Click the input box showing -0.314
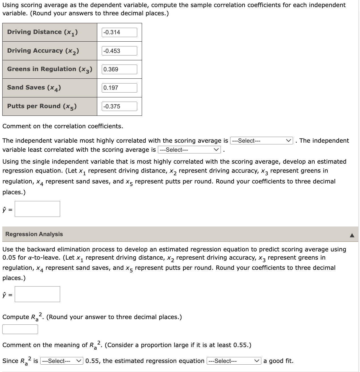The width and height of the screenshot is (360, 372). [119, 32]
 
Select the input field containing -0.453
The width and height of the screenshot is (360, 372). [119, 51]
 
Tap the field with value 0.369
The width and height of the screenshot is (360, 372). [119, 69]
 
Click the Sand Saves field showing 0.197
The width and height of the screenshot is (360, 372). [119, 88]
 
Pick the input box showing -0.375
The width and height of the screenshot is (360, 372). [119, 106]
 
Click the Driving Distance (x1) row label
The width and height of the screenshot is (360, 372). [43, 32]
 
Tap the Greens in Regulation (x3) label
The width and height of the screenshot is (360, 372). [50, 69]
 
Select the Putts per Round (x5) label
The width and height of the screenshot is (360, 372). [42, 106]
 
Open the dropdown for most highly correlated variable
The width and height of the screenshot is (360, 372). [262, 141]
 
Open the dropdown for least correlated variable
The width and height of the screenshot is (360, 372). [189, 150]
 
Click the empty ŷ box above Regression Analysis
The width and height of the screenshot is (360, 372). [37, 209]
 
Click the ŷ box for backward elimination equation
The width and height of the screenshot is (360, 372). [37, 294]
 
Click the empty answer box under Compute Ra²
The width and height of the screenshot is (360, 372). [20, 329]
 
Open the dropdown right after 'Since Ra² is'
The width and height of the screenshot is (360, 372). [62, 361]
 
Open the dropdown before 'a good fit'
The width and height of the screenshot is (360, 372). [234, 361]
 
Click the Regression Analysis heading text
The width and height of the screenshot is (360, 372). [34, 234]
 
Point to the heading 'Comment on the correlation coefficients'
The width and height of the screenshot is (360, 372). [63, 126]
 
